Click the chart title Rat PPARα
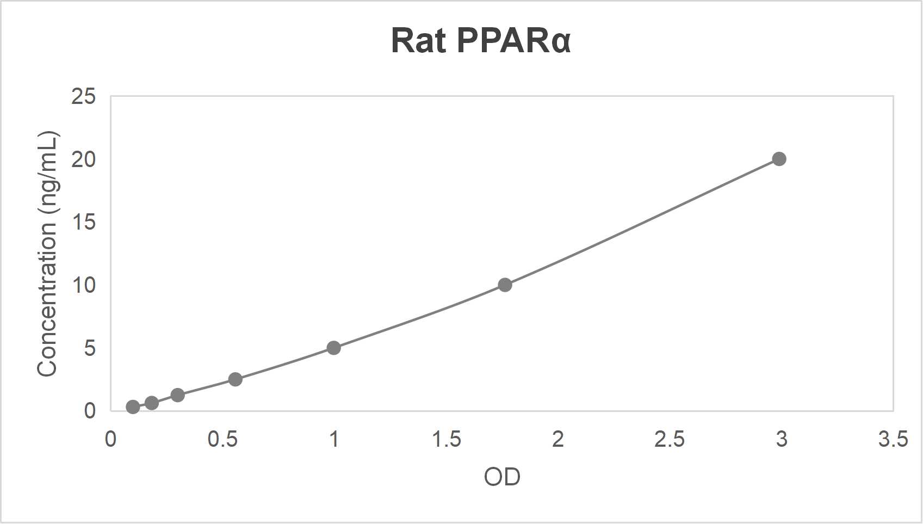click(481, 41)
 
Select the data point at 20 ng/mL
click(779, 159)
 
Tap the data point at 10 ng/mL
click(505, 285)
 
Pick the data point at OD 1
click(334, 348)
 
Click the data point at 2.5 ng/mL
click(235, 379)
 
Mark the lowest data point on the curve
click(133, 407)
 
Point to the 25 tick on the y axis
click(83, 97)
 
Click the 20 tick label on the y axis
click(83, 159)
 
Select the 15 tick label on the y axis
click(83, 222)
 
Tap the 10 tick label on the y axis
click(83, 285)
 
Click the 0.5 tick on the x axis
click(222, 439)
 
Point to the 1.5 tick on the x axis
click(446, 439)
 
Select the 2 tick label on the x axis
click(558, 439)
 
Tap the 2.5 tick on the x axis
click(670, 439)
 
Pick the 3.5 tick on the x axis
click(893, 439)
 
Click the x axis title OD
click(502, 477)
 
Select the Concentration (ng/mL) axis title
click(48, 254)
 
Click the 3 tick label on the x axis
click(782, 439)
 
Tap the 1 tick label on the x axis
click(334, 439)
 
